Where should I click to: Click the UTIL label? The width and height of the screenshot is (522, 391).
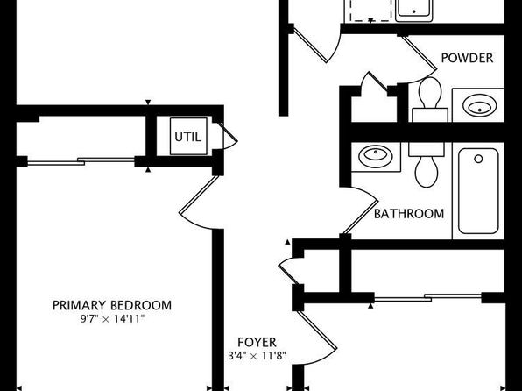tap(187, 137)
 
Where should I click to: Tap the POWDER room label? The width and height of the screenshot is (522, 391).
tap(467, 58)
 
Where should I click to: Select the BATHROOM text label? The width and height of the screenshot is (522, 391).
tap(409, 214)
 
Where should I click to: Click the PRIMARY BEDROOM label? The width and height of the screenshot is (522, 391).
tap(112, 305)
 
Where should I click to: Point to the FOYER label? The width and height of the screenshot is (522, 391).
tap(257, 342)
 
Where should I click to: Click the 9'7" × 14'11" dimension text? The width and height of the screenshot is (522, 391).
tap(112, 319)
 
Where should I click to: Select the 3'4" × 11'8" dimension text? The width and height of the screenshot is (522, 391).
tap(257, 356)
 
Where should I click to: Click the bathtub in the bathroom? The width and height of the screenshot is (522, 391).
tap(478, 191)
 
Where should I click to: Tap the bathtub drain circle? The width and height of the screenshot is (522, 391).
tap(478, 159)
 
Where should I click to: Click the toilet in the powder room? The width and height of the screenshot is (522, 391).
tap(430, 99)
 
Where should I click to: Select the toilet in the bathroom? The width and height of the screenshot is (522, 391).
tap(427, 165)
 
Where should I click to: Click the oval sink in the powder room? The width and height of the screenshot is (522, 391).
tap(479, 106)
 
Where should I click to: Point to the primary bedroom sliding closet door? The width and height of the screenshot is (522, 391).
tap(81, 161)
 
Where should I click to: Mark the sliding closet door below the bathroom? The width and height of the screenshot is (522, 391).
tap(427, 297)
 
